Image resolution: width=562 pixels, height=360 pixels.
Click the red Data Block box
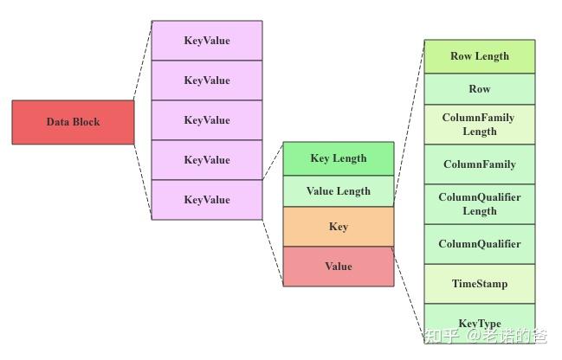coord(73,122)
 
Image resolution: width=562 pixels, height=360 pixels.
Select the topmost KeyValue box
coord(206,41)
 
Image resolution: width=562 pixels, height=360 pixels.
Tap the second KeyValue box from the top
coord(206,80)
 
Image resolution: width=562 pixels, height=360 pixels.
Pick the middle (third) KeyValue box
coord(206,120)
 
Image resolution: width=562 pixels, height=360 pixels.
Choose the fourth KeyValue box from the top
coord(206,160)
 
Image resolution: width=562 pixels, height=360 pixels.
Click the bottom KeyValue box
coord(206,200)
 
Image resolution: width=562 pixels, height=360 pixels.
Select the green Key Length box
coord(338,158)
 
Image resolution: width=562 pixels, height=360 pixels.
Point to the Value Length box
coord(338,191)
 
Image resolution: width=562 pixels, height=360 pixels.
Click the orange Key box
coord(338,227)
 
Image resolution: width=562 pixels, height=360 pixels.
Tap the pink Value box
coord(338,267)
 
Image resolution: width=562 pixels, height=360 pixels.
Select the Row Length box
coord(479,56)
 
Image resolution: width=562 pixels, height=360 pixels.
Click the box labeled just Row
coord(479,89)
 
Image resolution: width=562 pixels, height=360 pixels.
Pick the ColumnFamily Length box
coord(479,125)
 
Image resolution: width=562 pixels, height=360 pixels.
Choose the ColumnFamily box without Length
coord(479,164)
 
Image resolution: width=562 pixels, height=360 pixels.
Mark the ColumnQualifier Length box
coord(479,204)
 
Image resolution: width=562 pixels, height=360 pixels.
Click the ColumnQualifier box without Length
coord(479,244)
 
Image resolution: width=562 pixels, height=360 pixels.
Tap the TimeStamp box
coord(479,284)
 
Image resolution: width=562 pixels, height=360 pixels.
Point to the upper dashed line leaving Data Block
coord(143,61)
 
